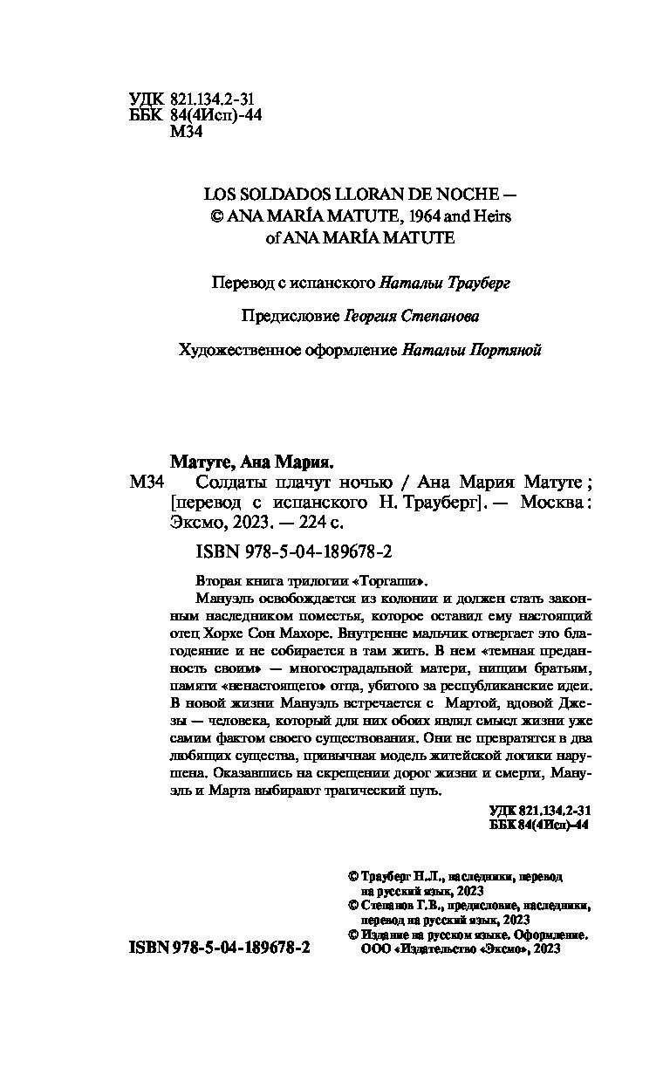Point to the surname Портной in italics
(510, 349)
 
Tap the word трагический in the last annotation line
(367, 791)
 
